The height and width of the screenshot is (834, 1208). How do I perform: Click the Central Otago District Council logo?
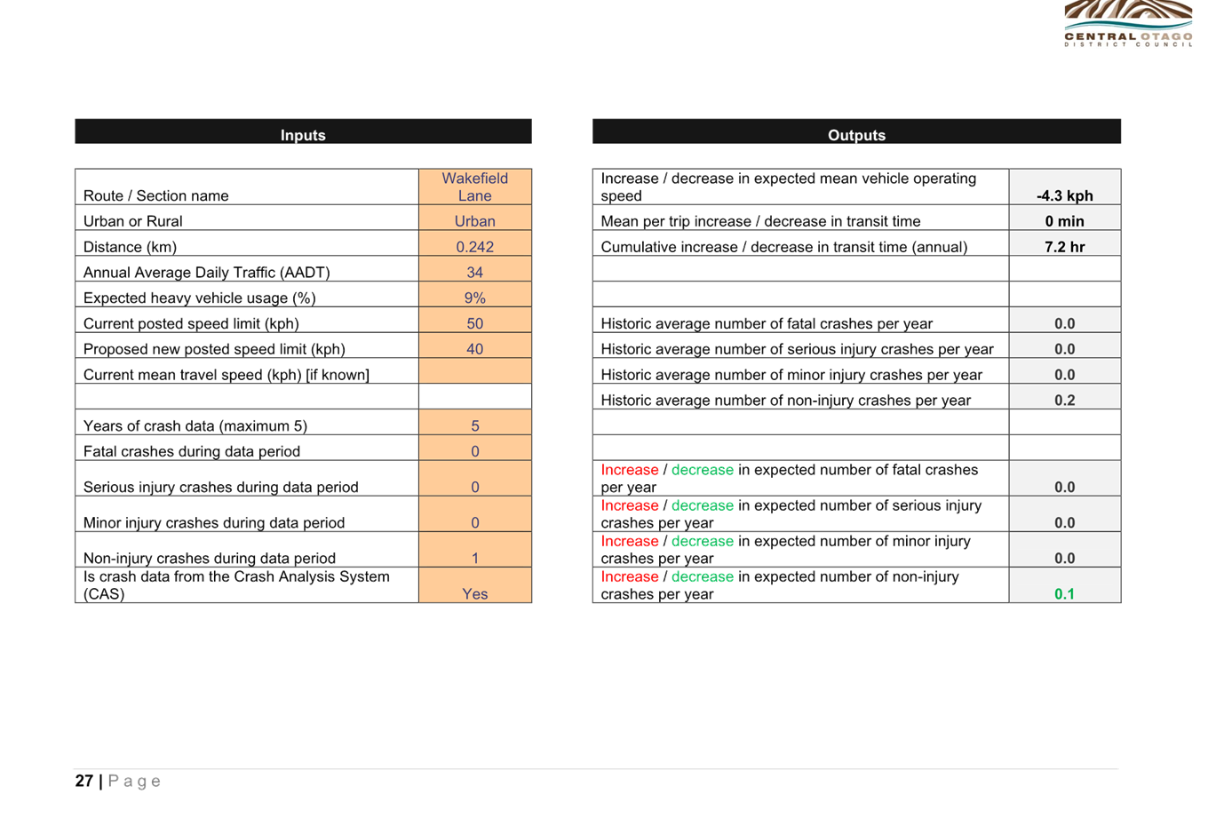click(1128, 23)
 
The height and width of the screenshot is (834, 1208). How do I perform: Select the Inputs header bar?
click(303, 131)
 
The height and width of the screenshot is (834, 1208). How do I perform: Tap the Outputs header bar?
click(856, 131)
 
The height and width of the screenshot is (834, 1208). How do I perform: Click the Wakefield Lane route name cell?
click(475, 187)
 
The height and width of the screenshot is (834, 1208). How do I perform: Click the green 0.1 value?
click(1064, 593)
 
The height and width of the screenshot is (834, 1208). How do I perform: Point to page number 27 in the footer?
click(84, 781)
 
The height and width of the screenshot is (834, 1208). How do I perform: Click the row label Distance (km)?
click(130, 247)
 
